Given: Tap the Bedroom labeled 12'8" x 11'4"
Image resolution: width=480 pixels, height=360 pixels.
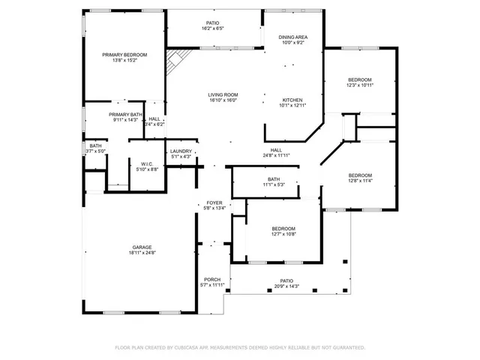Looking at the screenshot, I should click(x=360, y=178).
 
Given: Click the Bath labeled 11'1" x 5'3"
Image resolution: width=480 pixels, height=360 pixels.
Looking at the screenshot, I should click(x=274, y=181).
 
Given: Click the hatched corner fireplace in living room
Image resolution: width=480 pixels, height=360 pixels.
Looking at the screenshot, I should click(x=174, y=60).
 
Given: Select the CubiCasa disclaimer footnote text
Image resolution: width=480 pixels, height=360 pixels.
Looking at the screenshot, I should click(x=240, y=348).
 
